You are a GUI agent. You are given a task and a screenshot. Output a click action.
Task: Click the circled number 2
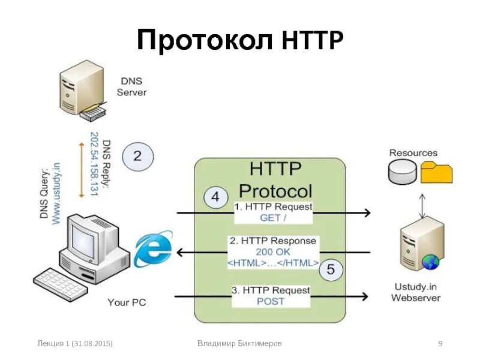(137, 157)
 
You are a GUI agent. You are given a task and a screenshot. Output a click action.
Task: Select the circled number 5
(331, 270)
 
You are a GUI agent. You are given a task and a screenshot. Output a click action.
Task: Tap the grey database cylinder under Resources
(403, 172)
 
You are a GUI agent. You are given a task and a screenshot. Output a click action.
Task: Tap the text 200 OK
(272, 252)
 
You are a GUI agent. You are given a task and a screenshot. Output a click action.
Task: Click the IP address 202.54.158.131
(94, 163)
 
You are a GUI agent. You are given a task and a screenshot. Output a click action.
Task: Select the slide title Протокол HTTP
(240, 41)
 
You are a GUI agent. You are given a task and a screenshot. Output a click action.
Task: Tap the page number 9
(440, 343)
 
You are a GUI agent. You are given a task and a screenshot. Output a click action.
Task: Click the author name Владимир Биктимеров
(239, 343)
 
